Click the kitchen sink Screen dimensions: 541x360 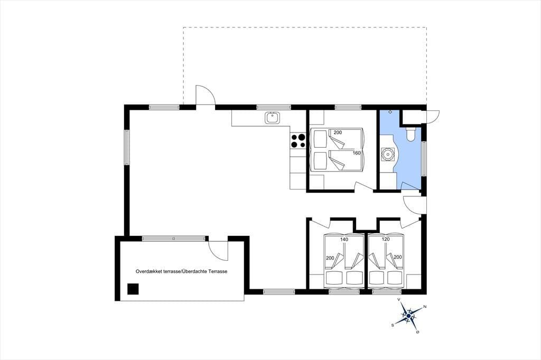coord(272,118)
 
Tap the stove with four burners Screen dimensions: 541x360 coord(298,141)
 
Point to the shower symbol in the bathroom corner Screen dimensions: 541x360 coord(390,112)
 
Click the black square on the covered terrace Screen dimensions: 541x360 coord(133,289)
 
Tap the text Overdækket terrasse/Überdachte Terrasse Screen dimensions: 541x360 coord(182,271)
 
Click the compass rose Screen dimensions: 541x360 coord(408,316)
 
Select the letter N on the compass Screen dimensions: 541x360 coord(425,307)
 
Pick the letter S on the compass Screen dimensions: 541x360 coord(393,325)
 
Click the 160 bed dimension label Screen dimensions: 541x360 coord(357,153)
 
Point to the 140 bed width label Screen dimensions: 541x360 coord(344,239)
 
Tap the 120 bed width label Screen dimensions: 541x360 coord(385,239)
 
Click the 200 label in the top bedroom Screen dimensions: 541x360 coord(338,132)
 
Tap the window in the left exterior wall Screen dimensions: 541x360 coord(127,148)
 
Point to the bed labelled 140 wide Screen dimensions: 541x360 coord(343,261)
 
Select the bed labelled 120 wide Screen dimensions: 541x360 coord(386,261)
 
